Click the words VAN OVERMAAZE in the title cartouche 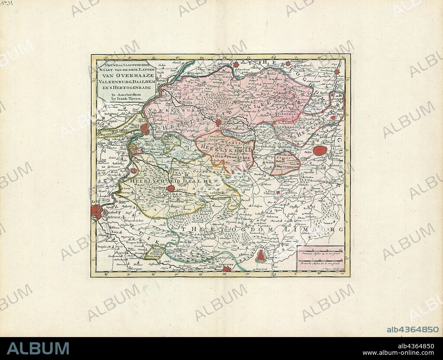pos(125,74)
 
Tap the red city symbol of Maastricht pos(144,129)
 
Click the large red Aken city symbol pos(320,151)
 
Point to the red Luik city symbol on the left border pos(96,211)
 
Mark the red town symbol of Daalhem pos(171,188)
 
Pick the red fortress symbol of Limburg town pos(261,256)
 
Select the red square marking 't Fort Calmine pos(278,192)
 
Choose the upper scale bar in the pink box pos(320,251)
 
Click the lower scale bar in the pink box pos(320,260)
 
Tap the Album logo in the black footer pos(38,349)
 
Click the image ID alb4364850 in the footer pos(412,330)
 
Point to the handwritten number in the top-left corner pos(6,4)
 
